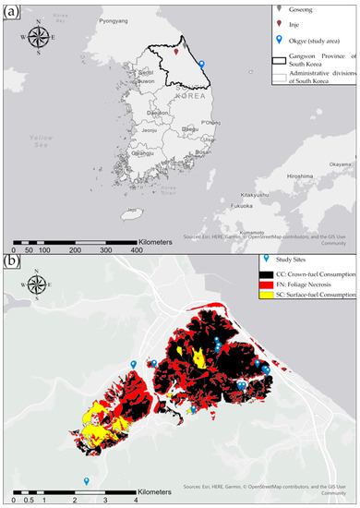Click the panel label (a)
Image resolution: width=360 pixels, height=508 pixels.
(x=11, y=11)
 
